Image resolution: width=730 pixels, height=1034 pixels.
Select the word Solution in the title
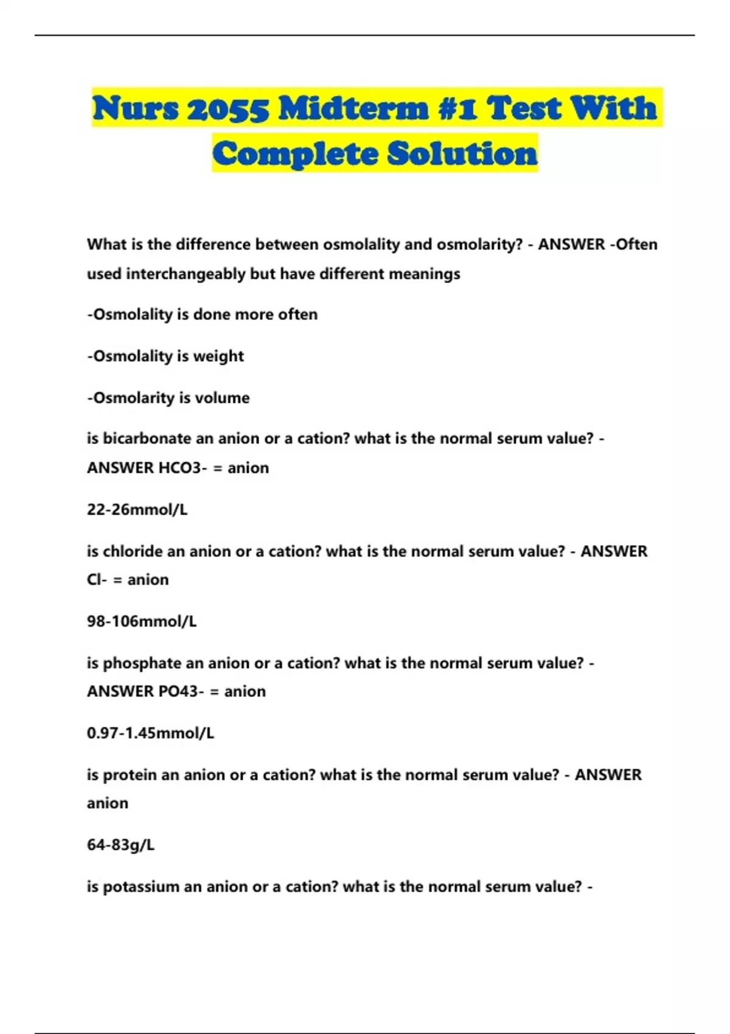[462, 153]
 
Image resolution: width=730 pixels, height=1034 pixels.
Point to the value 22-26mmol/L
[137, 510]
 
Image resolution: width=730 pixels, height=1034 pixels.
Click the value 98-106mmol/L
[142, 622]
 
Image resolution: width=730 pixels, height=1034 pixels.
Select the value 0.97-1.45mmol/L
[150, 733]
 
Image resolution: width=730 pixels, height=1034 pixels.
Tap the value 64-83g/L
[120, 845]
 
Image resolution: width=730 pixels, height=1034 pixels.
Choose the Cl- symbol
[97, 580]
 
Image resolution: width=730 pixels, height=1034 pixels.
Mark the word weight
[218, 356]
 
